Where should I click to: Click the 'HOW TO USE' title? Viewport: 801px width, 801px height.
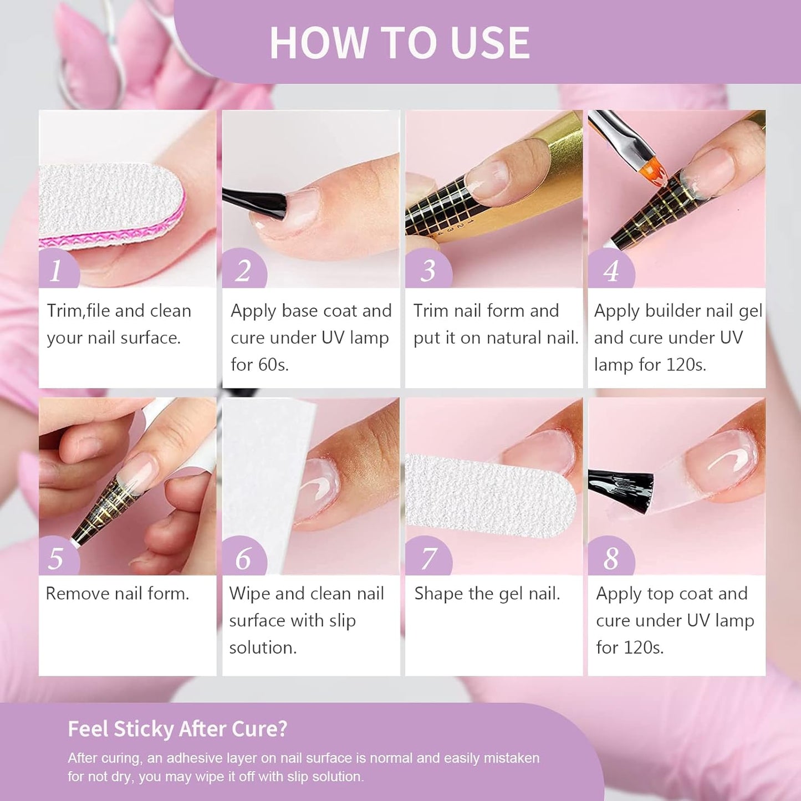click(399, 43)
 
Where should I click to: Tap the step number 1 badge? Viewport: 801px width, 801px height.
click(57, 271)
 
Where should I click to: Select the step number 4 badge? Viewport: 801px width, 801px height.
click(610, 271)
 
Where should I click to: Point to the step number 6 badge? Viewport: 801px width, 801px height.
click(243, 558)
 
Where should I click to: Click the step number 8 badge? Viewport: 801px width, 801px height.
click(610, 558)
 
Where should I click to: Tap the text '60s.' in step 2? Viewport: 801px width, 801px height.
click(275, 365)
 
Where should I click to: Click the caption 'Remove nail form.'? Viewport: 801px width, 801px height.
click(118, 594)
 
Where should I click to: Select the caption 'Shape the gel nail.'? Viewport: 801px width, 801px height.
click(487, 594)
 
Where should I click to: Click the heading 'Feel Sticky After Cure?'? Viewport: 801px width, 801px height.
click(177, 728)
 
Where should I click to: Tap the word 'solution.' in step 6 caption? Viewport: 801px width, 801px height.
click(263, 647)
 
